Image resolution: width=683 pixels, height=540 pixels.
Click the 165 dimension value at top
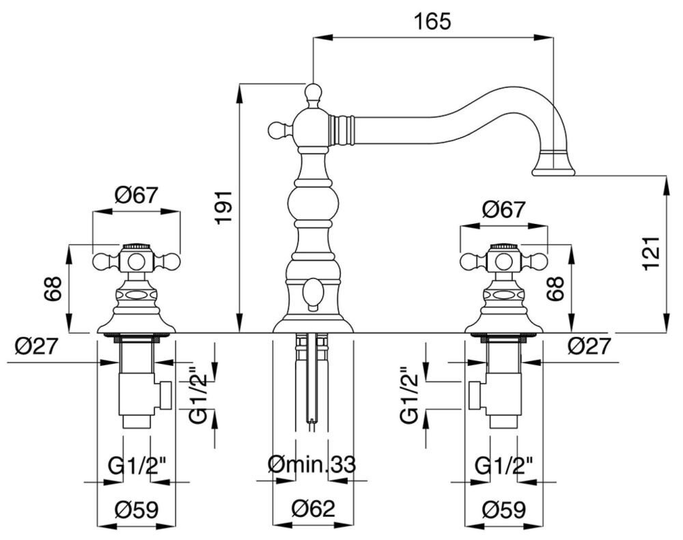[x=433, y=22]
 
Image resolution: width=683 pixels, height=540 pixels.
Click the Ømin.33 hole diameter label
[x=311, y=466]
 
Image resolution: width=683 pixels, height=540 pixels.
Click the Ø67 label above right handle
[x=503, y=210]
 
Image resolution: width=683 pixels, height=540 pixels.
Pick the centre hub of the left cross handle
[x=137, y=261]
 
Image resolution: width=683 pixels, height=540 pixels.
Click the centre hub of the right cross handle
[x=503, y=261]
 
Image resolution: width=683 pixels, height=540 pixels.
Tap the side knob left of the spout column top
[x=277, y=128]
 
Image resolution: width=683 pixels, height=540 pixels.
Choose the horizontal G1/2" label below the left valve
[x=137, y=466]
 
